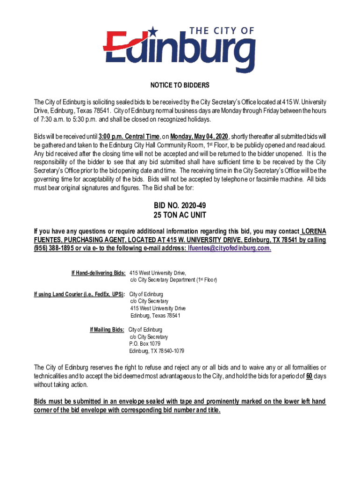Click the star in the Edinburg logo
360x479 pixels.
pos(153,32)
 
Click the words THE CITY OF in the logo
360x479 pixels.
pos(223,31)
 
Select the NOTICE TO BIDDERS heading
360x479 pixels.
pos(180,86)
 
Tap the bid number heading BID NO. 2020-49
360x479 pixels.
pos(180,206)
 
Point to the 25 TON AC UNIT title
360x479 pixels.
pos(180,216)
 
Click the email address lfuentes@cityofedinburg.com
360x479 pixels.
pos(229,248)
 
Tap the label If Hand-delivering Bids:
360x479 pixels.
pos(98,273)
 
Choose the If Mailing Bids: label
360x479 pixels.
pos(108,330)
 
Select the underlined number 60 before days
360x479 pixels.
pos(309,377)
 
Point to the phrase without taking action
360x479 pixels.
pos(61,385)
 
